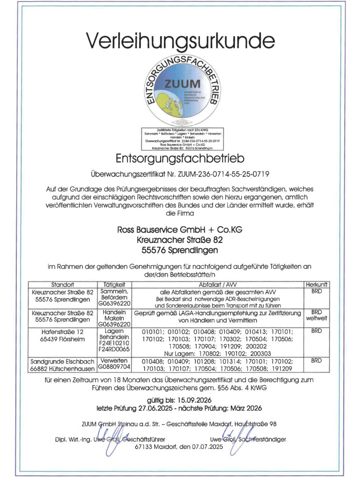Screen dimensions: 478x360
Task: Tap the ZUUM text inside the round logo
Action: pyautogui.click(x=182, y=84)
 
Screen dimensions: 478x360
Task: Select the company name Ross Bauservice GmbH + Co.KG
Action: pyautogui.click(x=180, y=230)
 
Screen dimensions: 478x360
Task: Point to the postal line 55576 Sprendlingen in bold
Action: pyautogui.click(x=180, y=251)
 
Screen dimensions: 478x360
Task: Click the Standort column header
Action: pyautogui.click(x=62, y=284)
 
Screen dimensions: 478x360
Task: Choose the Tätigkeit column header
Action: pyautogui.click(x=114, y=284)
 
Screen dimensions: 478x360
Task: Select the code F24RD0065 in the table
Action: pyautogui.click(x=114, y=349)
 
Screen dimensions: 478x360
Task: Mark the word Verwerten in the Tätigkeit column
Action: pyautogui.click(x=114, y=360)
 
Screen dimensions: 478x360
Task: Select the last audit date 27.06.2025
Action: pyautogui.click(x=166, y=409)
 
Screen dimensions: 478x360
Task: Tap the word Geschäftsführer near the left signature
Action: pyautogui.click(x=143, y=439)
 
